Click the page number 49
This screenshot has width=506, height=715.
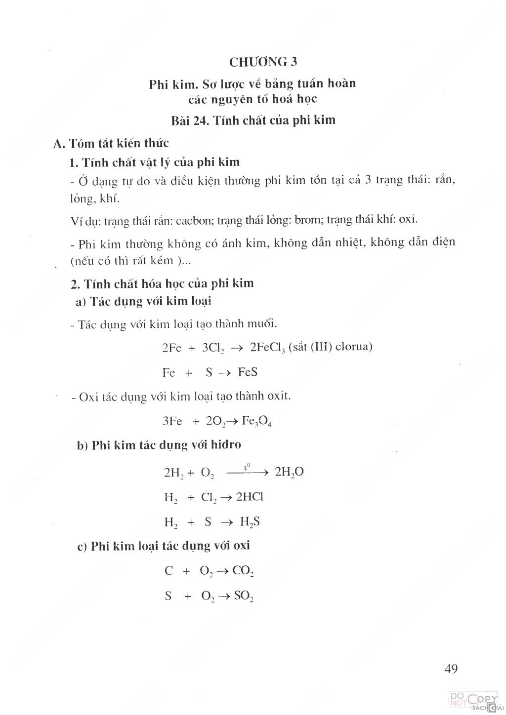click(x=451, y=669)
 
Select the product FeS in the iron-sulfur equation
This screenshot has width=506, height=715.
click(x=248, y=372)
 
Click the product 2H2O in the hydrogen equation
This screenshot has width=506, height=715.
click(x=289, y=472)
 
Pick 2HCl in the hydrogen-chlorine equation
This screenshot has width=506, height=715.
click(x=250, y=497)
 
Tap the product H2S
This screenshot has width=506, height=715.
click(x=250, y=522)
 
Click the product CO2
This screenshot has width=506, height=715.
click(x=243, y=571)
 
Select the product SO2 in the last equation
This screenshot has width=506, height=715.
click(x=244, y=596)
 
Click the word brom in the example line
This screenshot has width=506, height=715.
click(x=307, y=220)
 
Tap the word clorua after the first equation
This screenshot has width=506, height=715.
click(x=353, y=346)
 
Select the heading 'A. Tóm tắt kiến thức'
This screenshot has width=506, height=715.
click(x=111, y=143)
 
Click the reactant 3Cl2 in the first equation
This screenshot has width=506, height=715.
click(x=213, y=347)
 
